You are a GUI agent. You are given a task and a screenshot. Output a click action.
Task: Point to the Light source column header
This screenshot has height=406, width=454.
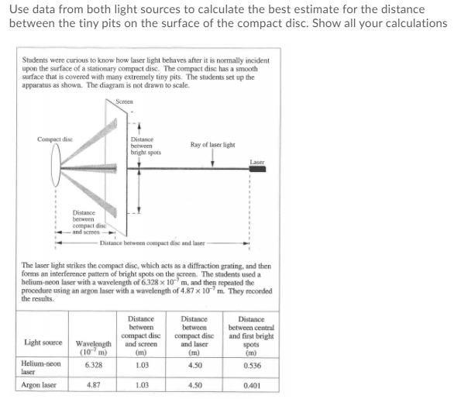(43, 342)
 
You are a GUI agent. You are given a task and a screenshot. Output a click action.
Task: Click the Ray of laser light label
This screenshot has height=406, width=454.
(212, 144)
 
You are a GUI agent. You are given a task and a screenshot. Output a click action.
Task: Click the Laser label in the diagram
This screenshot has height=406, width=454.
(258, 160)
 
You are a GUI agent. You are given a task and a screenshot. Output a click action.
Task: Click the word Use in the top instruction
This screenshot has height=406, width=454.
(19, 9)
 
